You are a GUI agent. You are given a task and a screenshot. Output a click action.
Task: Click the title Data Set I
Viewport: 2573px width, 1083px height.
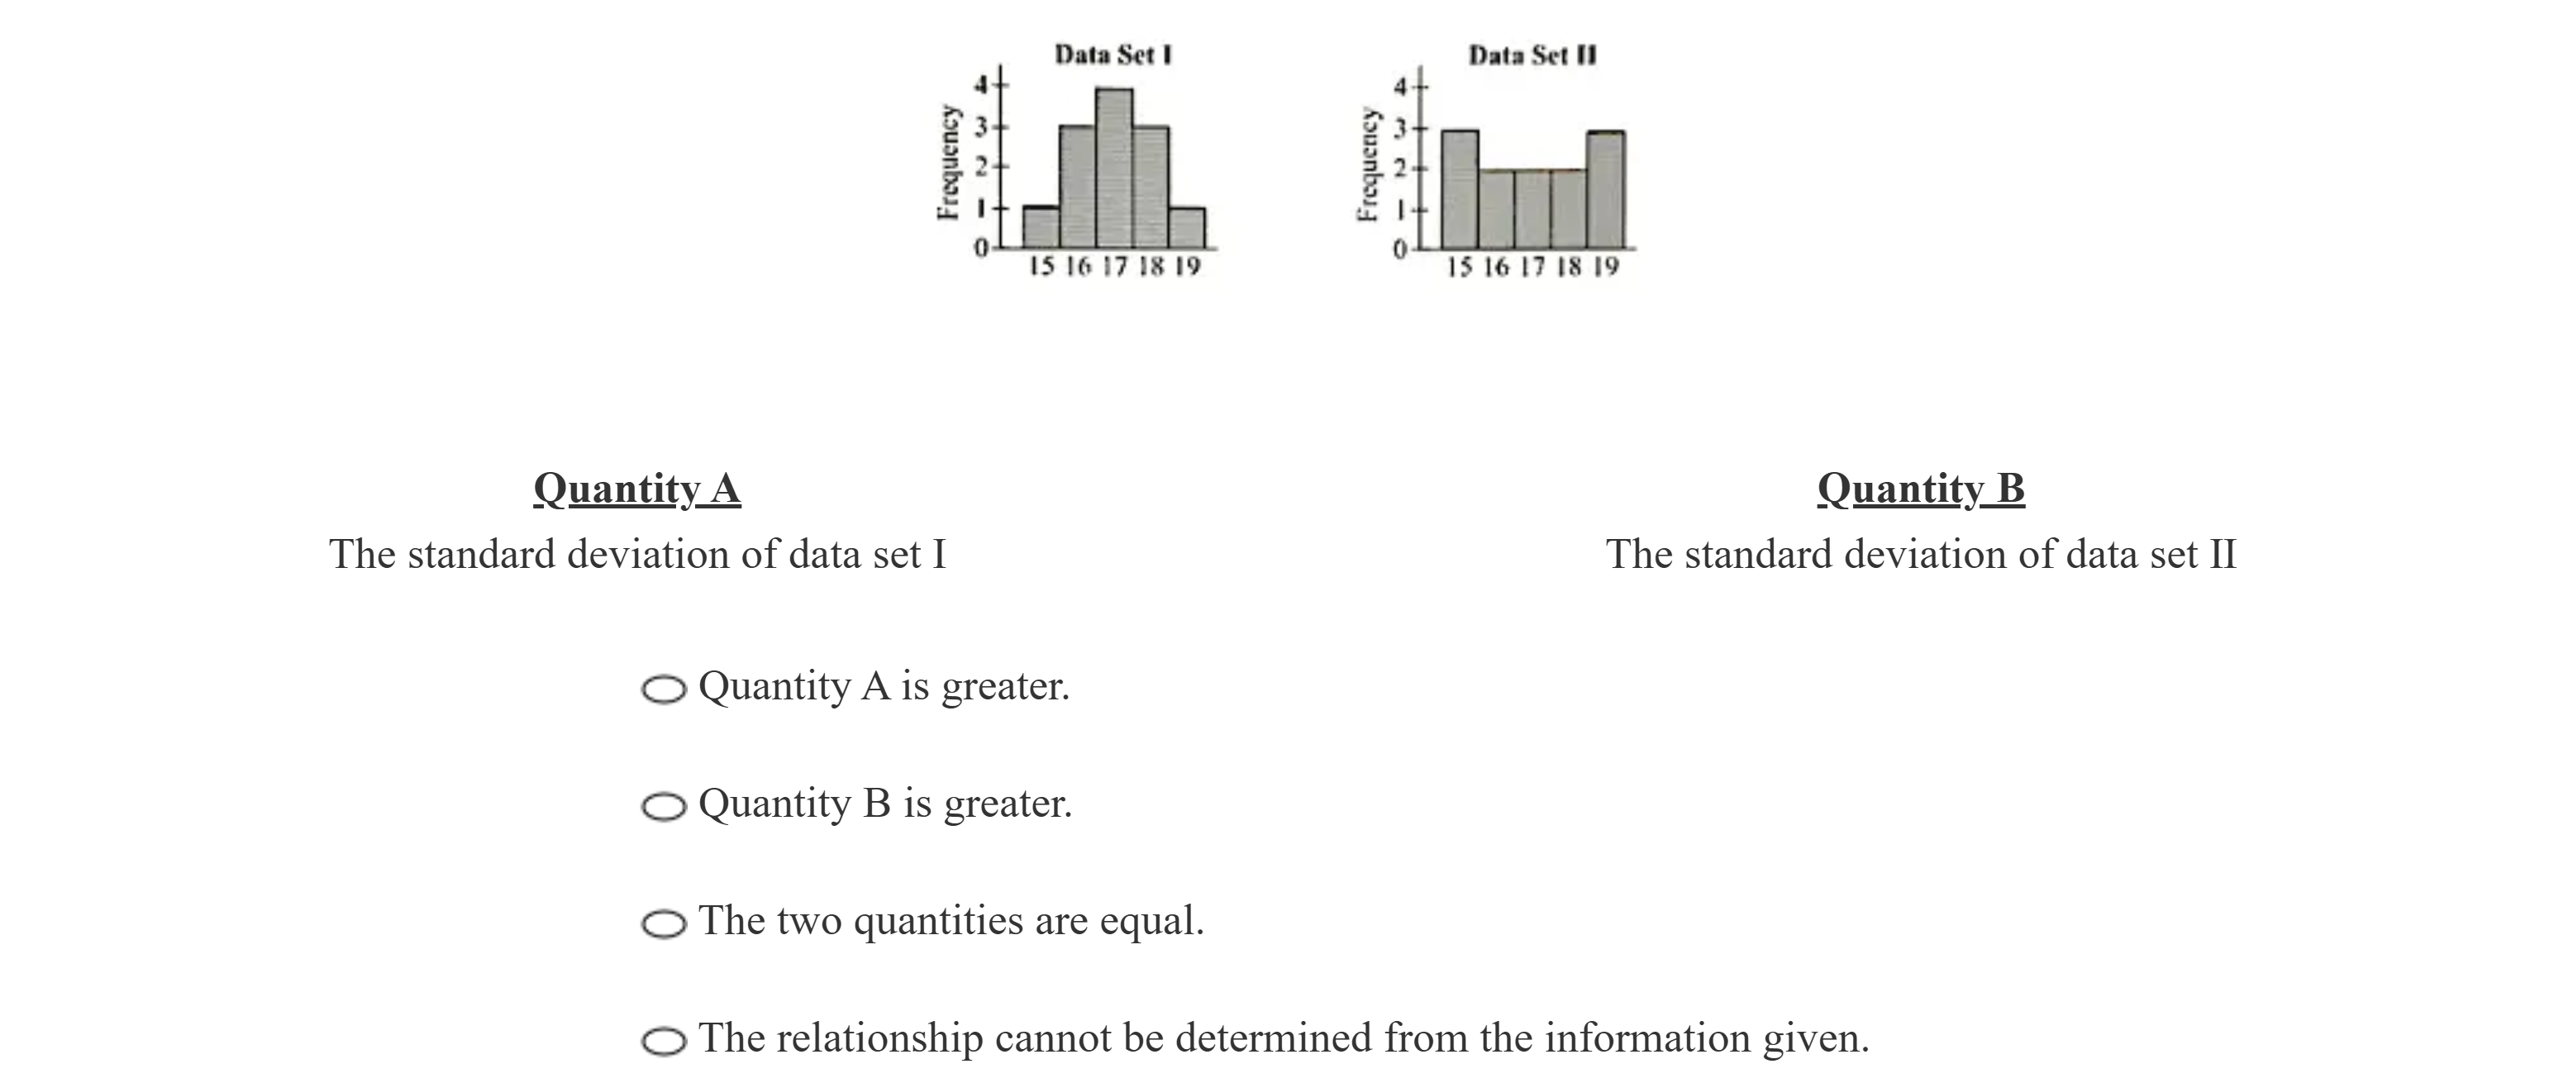tap(1113, 54)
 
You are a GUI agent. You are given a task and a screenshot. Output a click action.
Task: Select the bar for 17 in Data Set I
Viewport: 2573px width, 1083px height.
tap(1113, 168)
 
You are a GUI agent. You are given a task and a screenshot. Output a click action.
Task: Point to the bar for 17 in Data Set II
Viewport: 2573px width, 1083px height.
tap(1532, 209)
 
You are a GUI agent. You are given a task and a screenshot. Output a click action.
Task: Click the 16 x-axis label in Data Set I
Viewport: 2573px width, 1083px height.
tap(1078, 267)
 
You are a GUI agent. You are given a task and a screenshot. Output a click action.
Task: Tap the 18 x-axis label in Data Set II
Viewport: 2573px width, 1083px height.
tap(1569, 267)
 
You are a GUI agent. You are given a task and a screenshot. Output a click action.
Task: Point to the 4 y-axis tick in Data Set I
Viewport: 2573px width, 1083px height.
tap(981, 86)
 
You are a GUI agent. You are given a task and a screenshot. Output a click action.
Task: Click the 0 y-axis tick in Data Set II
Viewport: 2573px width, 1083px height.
tap(1400, 249)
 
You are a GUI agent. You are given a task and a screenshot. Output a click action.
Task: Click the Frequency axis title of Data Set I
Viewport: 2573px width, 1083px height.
tap(948, 162)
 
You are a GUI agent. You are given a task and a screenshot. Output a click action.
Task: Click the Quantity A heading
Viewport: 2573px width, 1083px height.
tap(636, 489)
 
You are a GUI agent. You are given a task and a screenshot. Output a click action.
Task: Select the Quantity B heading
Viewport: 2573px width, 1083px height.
tap(1920, 489)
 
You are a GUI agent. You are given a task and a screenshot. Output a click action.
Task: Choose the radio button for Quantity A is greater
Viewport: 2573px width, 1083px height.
tap(663, 689)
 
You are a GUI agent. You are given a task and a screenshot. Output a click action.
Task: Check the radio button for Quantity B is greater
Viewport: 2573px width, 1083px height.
tap(663, 806)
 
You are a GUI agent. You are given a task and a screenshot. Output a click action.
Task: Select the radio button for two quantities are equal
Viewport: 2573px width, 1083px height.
tap(663, 924)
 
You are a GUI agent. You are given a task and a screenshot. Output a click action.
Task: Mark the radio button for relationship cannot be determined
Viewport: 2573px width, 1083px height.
tap(663, 1041)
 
